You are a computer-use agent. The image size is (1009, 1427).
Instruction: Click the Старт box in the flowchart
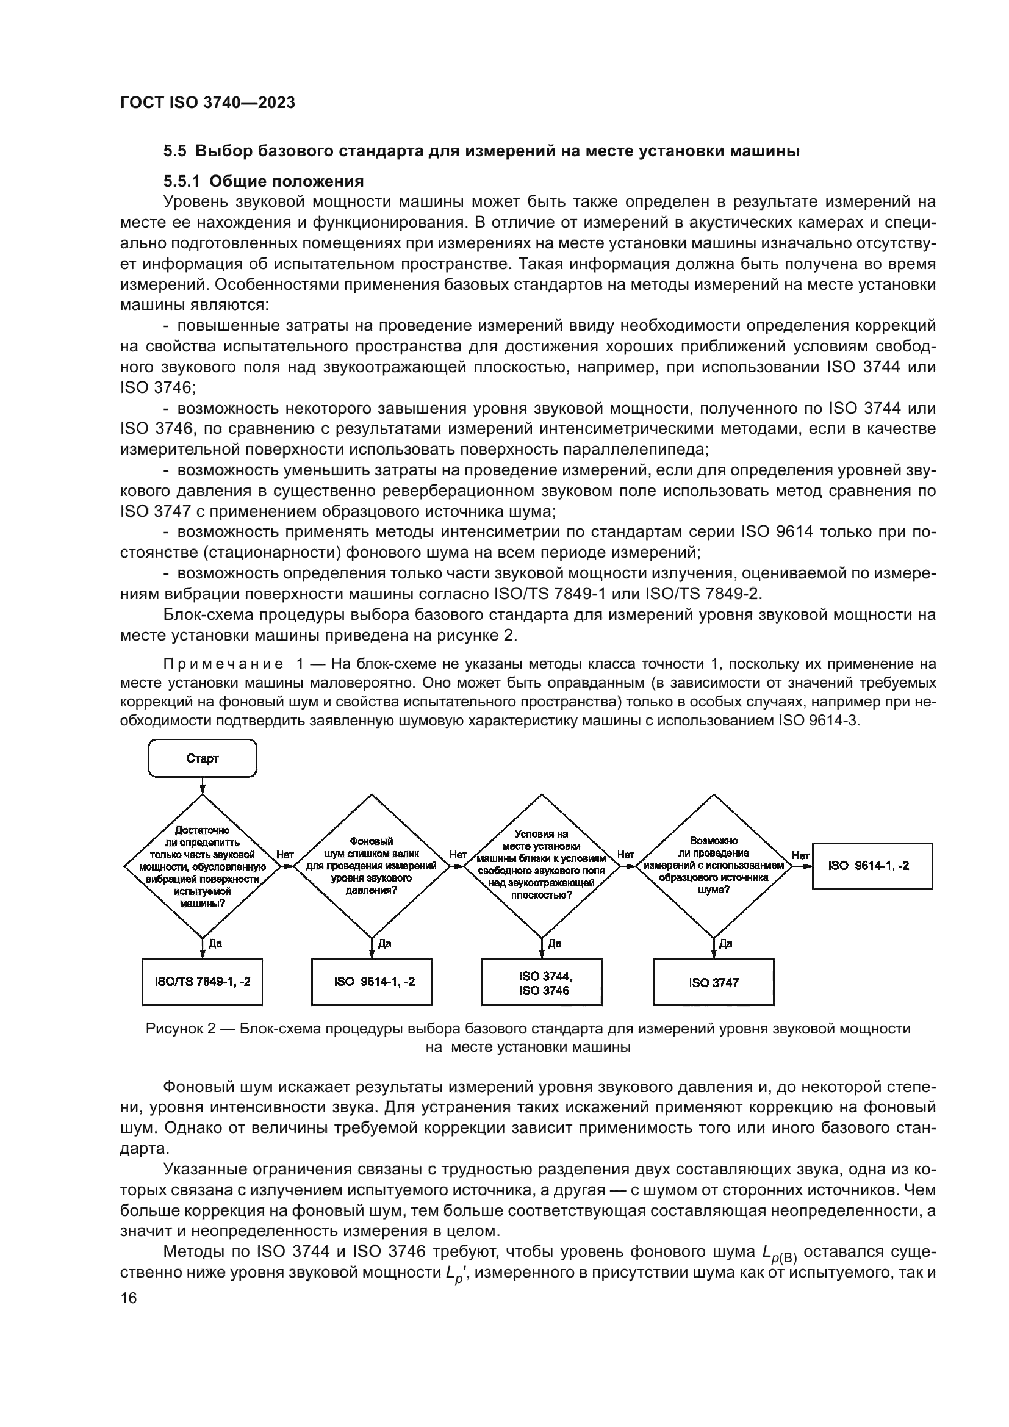tap(202, 758)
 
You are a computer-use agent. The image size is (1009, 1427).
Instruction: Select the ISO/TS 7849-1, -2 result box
tap(202, 982)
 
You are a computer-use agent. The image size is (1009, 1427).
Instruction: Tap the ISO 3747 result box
tap(713, 982)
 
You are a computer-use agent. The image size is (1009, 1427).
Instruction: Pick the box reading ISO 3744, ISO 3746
tap(542, 982)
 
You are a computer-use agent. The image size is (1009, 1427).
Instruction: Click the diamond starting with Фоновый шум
tap(372, 866)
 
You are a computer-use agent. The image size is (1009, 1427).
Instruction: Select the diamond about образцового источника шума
tap(713, 866)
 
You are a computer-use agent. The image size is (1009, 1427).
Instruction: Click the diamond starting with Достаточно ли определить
tap(202, 866)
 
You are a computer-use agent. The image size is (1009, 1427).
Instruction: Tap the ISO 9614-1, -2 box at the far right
tap(872, 866)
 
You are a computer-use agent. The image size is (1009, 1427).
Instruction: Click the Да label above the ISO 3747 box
tap(726, 943)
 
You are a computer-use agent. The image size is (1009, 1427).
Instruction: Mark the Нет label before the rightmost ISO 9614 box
tap(800, 855)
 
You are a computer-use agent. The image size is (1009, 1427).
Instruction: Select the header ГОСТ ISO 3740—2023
tap(207, 102)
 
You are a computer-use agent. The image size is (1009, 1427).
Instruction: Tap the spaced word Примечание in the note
tap(224, 664)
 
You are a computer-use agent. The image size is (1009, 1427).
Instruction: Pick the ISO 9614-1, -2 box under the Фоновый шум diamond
tap(372, 982)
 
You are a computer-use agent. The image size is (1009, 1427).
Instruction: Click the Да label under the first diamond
tap(215, 943)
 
